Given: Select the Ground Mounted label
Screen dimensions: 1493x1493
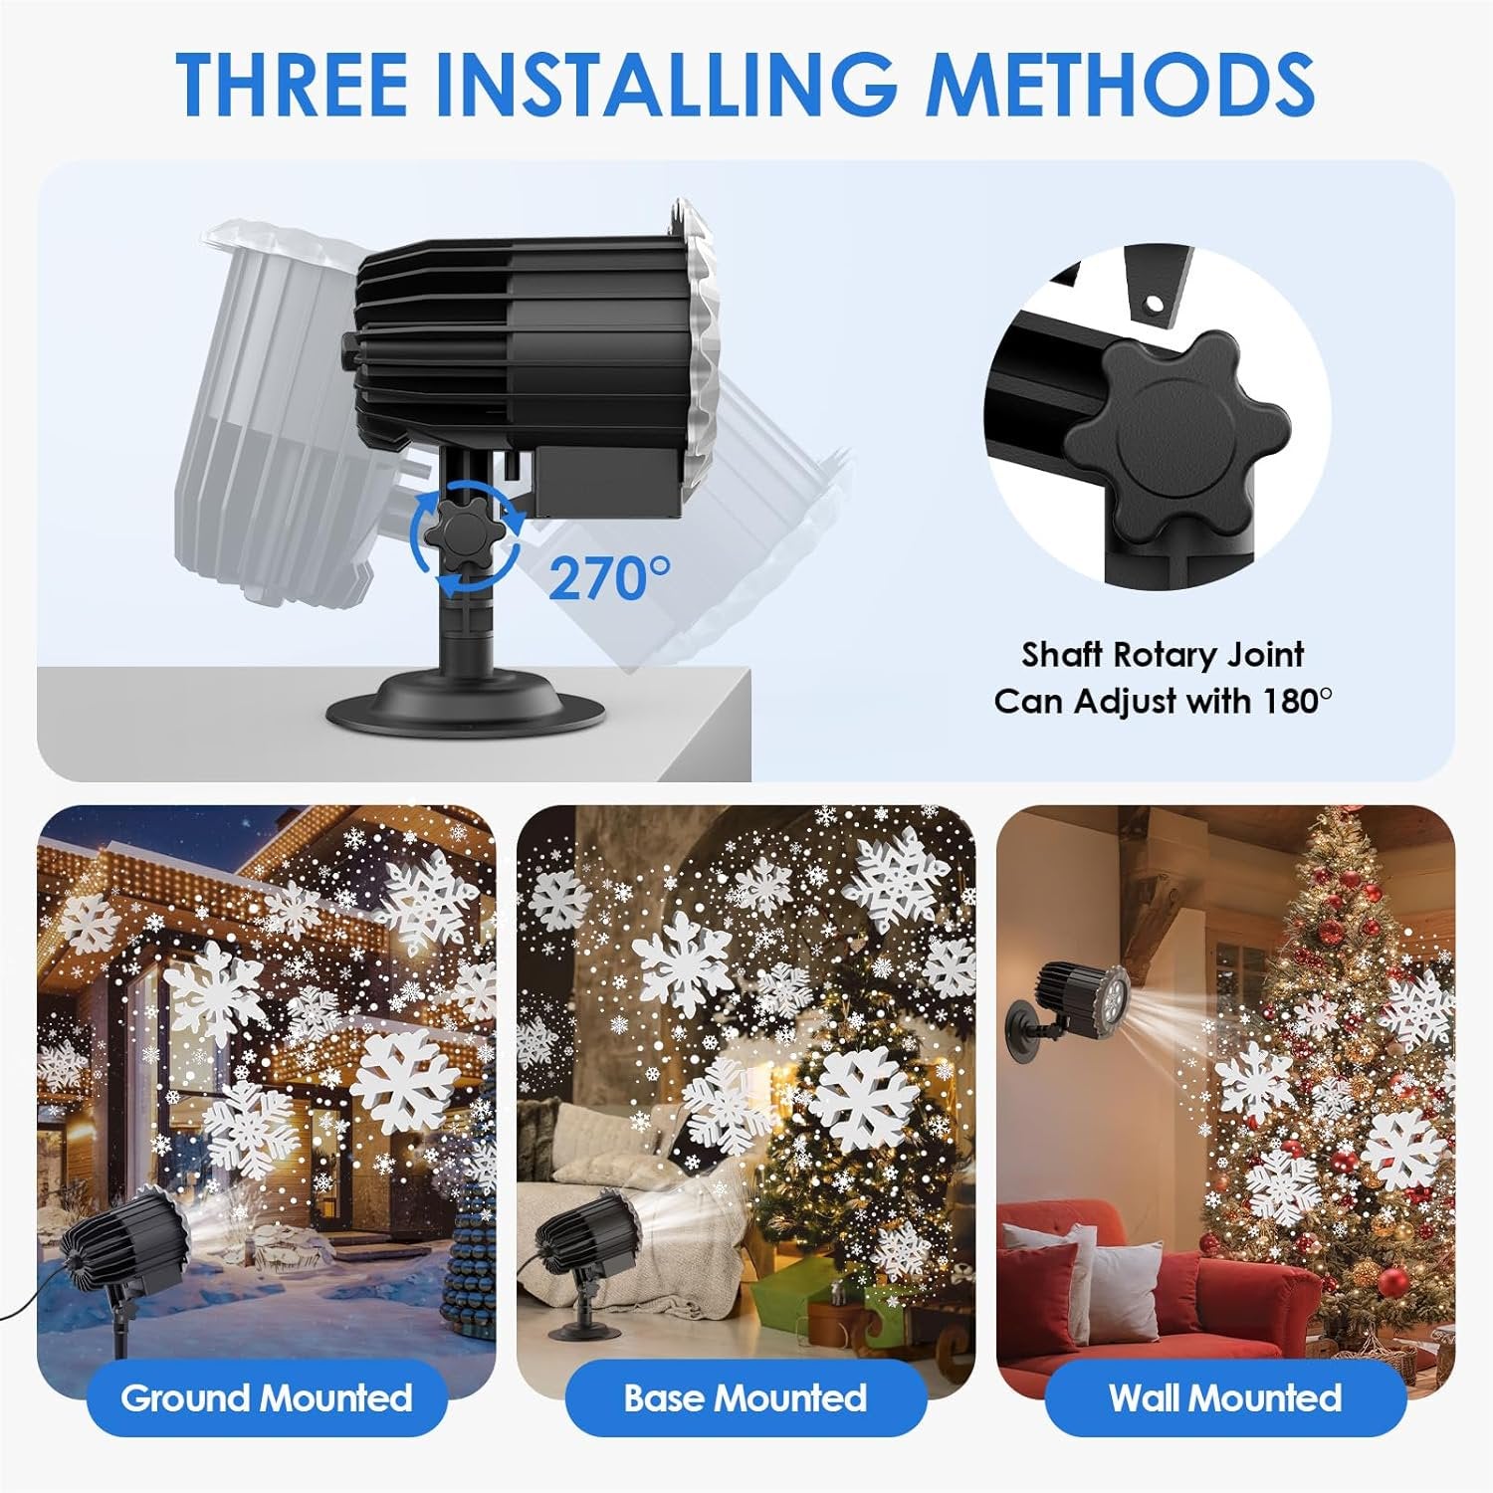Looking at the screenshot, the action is [x=267, y=1398].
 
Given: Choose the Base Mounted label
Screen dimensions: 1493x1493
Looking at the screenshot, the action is [x=746, y=1398].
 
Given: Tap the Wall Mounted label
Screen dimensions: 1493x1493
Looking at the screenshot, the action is [x=1225, y=1398].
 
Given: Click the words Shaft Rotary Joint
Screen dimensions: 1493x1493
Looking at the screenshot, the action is [x=1163, y=655].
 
